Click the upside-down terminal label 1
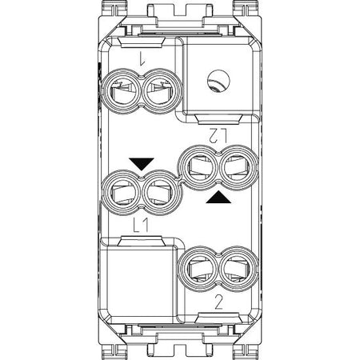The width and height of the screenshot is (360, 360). tap(141, 58)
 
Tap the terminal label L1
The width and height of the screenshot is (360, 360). tap(141, 226)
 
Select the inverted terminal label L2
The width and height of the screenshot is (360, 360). tap(218, 135)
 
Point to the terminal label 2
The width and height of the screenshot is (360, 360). tap(218, 303)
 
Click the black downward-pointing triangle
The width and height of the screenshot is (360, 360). tap(142, 164)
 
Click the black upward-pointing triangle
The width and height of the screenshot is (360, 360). tap(218, 197)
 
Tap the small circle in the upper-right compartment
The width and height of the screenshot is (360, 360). tap(218, 81)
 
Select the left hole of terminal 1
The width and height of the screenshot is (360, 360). tap(122, 91)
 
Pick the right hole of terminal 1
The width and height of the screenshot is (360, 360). tap(161, 91)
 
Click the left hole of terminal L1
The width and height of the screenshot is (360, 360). tap(122, 192)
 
